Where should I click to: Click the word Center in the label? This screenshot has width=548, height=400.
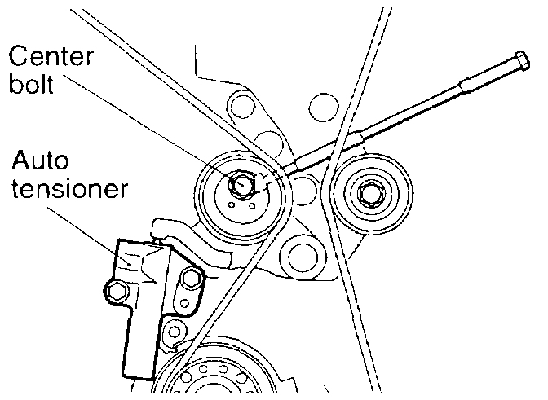click(x=49, y=58)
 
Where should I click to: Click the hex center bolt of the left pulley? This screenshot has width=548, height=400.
click(x=241, y=186)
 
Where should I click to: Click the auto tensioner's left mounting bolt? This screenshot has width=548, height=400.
click(x=117, y=291)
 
